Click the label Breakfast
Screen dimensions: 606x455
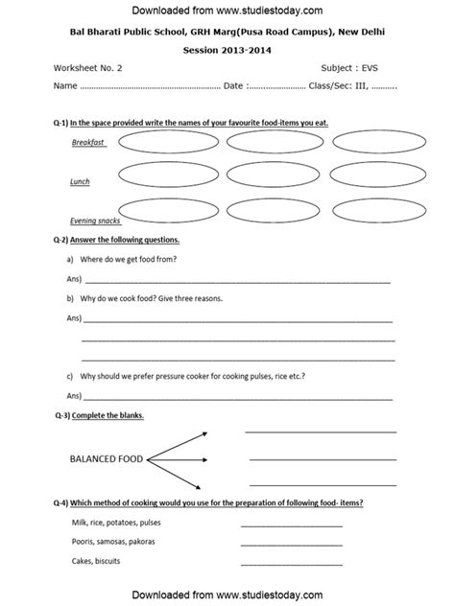click(88, 142)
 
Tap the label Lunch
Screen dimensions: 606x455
click(80, 181)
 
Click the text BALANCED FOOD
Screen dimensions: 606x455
click(106, 459)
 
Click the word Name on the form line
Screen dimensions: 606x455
click(65, 86)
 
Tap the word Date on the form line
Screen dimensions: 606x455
click(233, 86)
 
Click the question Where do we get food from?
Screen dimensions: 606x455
click(133, 260)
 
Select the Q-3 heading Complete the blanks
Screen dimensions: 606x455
click(109, 415)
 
